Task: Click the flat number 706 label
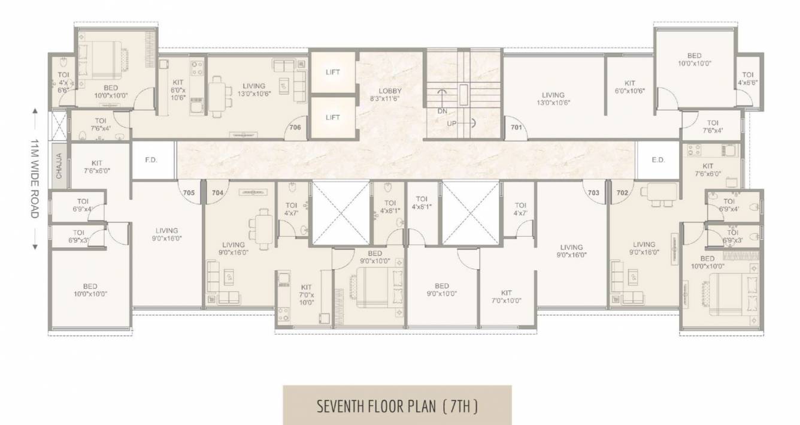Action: coord(295,127)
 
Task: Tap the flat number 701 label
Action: coord(517,127)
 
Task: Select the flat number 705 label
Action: coord(189,192)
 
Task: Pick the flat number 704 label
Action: coord(217,192)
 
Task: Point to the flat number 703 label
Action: coord(593,192)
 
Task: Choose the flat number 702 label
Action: coord(622,192)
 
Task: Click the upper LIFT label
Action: coord(332,72)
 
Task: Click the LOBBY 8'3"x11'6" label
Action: coord(390,95)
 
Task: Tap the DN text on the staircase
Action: coord(443,111)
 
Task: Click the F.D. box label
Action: coord(150,161)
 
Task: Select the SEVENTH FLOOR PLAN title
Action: coord(397,406)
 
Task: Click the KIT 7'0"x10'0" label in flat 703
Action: coord(506,297)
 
